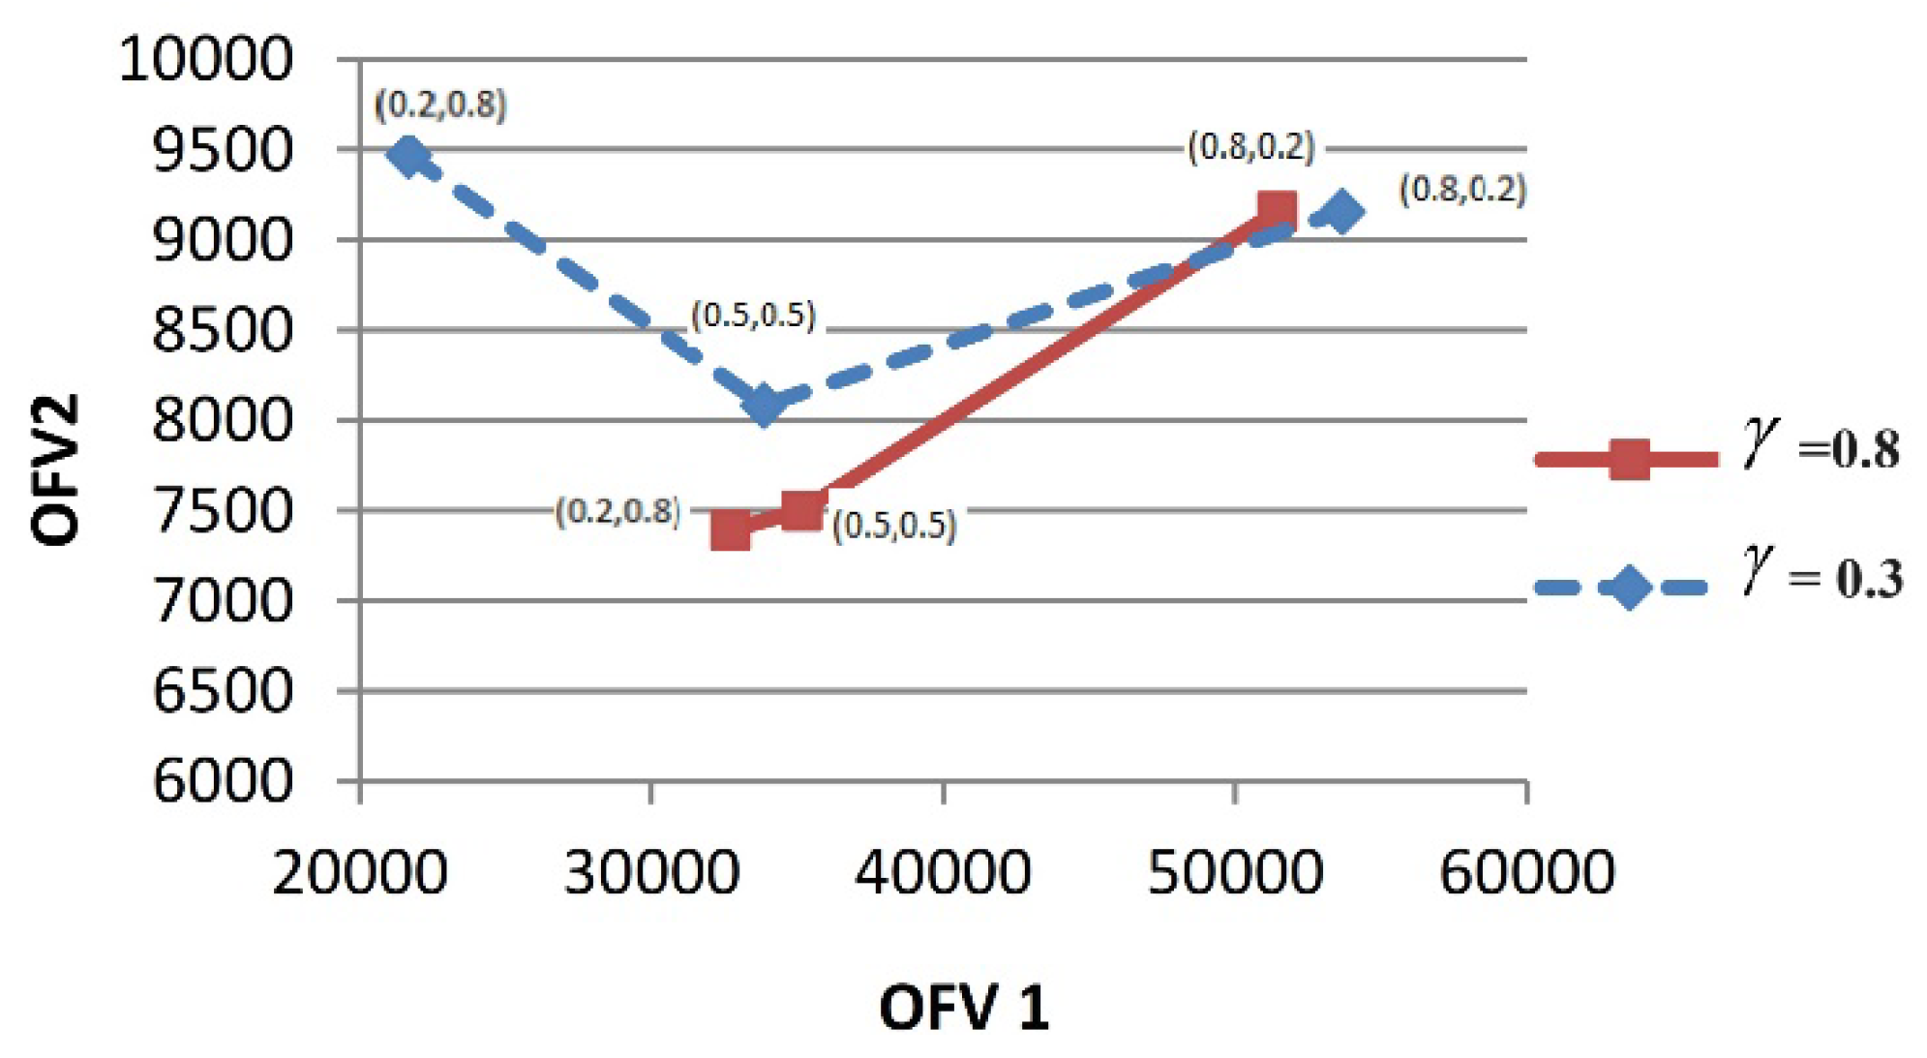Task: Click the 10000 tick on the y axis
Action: pos(205,59)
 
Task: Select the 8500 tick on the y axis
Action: pos(223,330)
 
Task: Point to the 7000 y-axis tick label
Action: pos(223,600)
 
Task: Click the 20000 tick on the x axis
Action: pos(360,871)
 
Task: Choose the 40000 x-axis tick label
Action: pos(943,871)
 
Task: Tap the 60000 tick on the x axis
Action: pos(1526,871)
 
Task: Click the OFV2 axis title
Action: pos(55,470)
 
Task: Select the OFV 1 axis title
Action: pos(963,1007)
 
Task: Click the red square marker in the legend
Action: pos(1629,459)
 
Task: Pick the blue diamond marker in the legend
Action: pos(1629,588)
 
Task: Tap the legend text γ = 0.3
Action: pos(1822,575)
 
